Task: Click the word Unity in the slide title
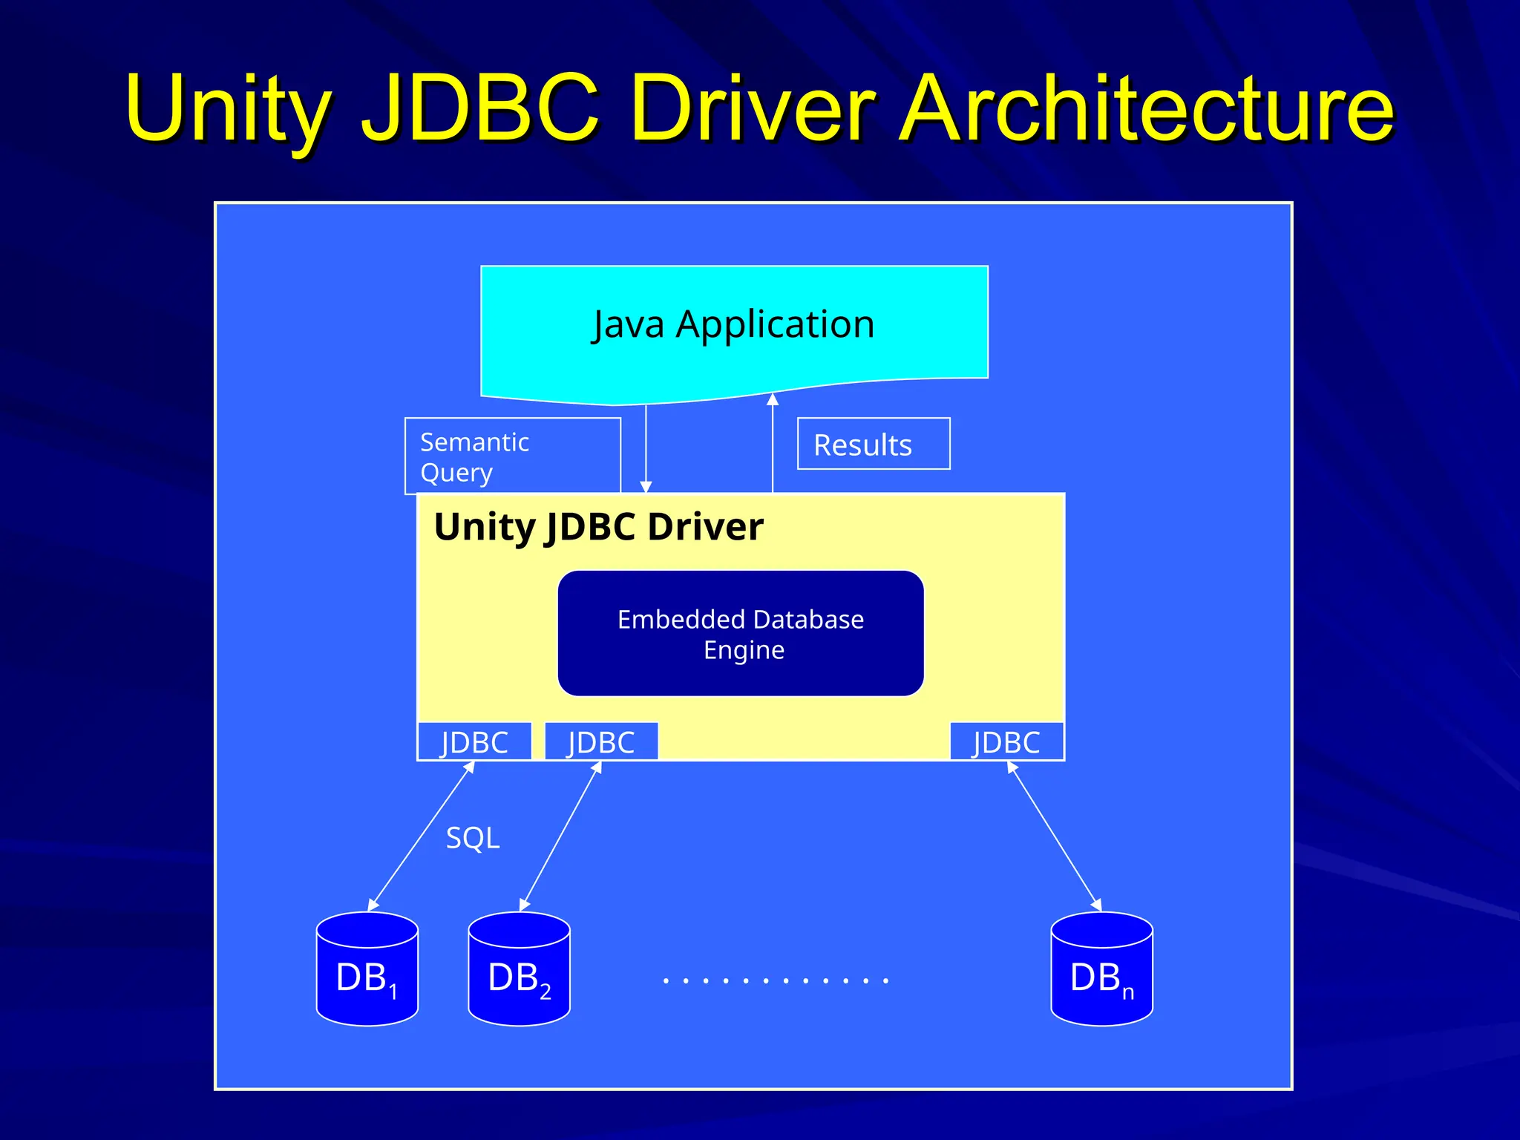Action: [227, 108]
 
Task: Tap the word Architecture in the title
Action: [1146, 108]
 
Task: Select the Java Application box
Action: [733, 327]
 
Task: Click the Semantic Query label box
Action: [512, 456]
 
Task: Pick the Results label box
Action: [873, 444]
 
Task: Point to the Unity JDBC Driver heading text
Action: [598, 527]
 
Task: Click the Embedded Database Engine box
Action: [741, 634]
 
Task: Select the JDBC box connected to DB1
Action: [475, 741]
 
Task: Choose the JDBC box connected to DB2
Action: [601, 741]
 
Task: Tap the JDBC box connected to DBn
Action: [1006, 741]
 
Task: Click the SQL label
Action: [473, 838]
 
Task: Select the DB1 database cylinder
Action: [367, 970]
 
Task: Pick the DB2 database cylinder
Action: [520, 970]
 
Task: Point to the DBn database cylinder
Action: [1102, 970]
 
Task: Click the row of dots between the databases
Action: [776, 980]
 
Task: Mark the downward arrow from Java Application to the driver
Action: [646, 448]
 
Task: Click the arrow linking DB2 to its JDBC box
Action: [560, 836]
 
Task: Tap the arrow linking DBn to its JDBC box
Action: [1054, 836]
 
